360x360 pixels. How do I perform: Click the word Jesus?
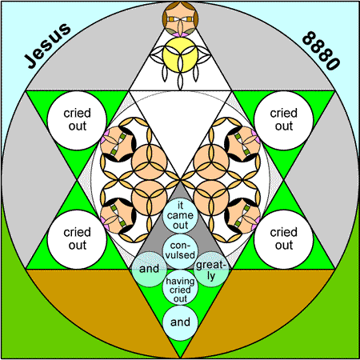(x=47, y=46)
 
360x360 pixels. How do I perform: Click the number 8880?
(x=321, y=50)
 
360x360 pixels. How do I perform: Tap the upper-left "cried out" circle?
(x=77, y=120)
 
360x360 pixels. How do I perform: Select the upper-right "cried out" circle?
(x=284, y=120)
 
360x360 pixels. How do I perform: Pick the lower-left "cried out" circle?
(x=77, y=239)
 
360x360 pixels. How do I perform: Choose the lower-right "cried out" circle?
(x=284, y=239)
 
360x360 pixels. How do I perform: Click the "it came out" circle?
(x=180, y=216)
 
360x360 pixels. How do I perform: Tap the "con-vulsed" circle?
(x=180, y=251)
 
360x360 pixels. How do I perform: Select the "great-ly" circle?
(x=211, y=270)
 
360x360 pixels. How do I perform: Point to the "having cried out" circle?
(x=180, y=287)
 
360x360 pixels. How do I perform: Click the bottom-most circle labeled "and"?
(x=180, y=322)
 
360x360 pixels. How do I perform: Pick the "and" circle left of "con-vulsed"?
(x=150, y=270)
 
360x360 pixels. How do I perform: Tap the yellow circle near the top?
(x=180, y=54)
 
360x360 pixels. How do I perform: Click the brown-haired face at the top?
(x=180, y=18)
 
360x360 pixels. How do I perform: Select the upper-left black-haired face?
(x=118, y=144)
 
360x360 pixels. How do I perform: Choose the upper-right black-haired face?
(x=242, y=144)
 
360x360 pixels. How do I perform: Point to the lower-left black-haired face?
(x=118, y=215)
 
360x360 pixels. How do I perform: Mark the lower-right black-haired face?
(x=242, y=215)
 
